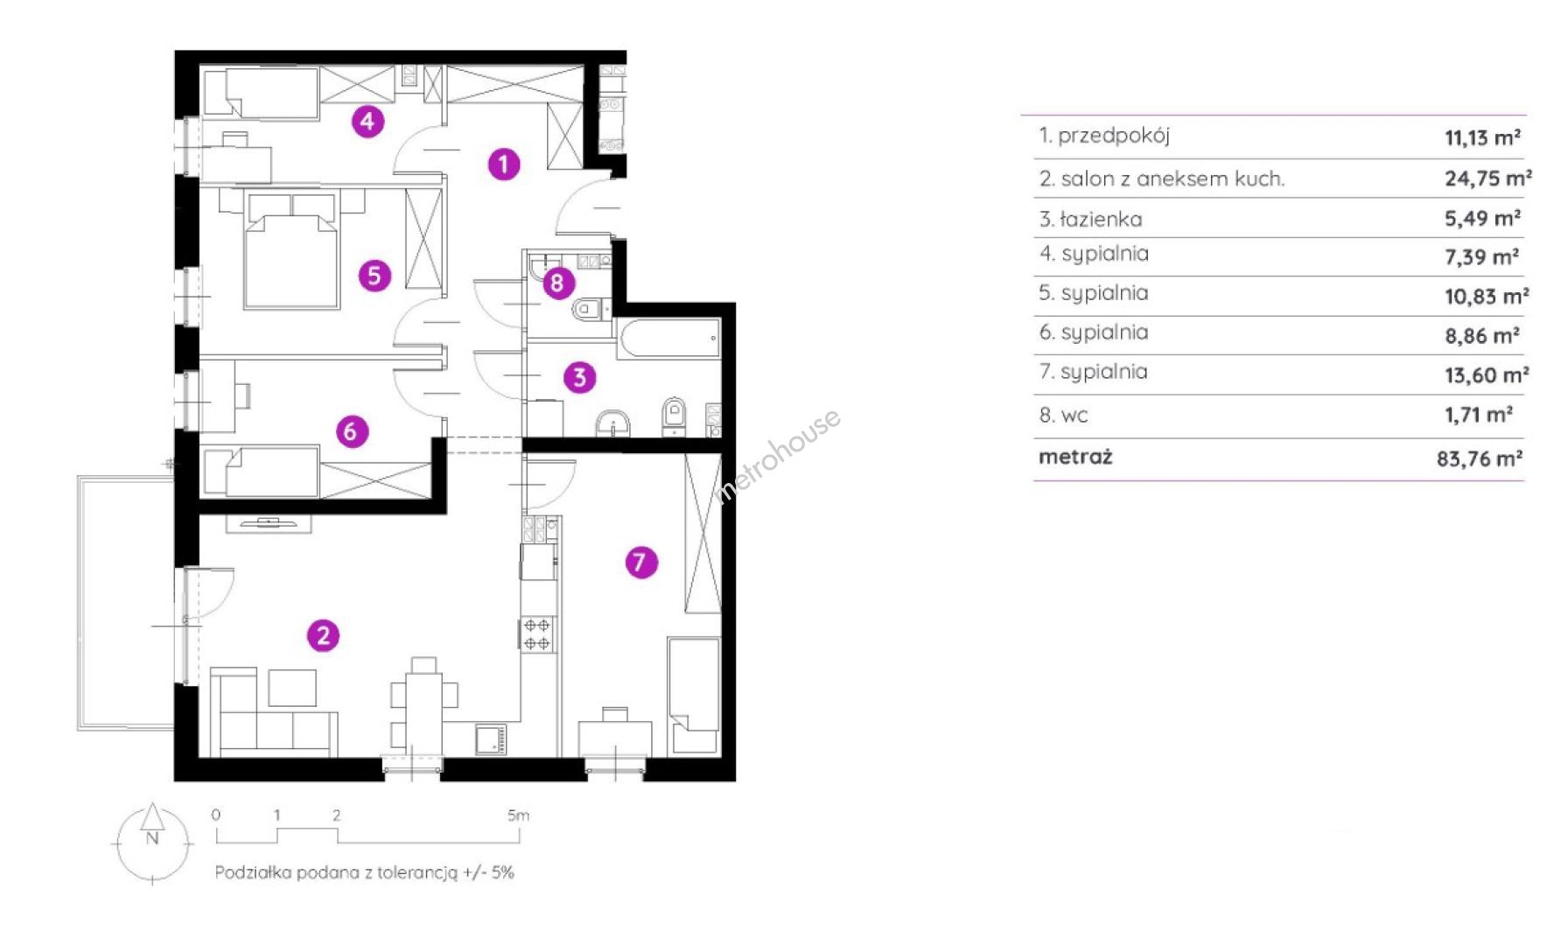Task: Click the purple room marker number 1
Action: [x=503, y=164]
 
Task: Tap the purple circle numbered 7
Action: [x=640, y=562]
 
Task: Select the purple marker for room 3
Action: [x=579, y=378]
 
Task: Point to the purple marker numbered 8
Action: [x=557, y=283]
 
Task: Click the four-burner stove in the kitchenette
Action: [x=536, y=634]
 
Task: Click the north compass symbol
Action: [x=152, y=840]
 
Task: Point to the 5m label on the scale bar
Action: [x=518, y=815]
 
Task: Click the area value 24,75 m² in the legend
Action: [x=1487, y=178]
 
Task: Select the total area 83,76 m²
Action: [x=1480, y=458]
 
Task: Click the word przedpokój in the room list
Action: [x=1113, y=136]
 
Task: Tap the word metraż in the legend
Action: [x=1075, y=457]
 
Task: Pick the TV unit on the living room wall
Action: [x=269, y=523]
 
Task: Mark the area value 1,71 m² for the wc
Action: [x=1479, y=415]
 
